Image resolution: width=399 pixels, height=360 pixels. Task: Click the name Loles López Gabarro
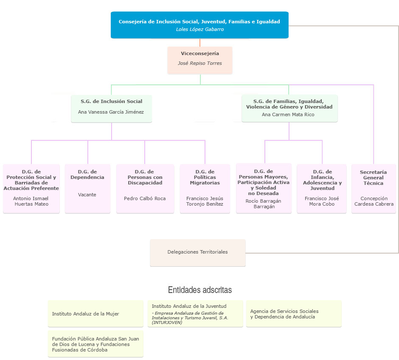pos(199,30)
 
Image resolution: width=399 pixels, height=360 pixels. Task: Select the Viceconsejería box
pos(199,60)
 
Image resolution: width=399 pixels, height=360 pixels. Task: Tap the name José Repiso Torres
pos(199,64)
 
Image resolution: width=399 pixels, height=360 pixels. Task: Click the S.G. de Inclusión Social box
pos(111,109)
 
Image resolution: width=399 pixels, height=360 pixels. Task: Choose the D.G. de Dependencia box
pos(87,188)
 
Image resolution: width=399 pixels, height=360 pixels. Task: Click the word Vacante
pos(87,195)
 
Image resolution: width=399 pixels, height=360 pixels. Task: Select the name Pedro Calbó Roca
pos(145,198)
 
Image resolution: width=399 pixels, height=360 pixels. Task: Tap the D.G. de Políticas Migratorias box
pos(205,188)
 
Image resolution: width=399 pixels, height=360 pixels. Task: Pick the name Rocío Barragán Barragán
pos(264,204)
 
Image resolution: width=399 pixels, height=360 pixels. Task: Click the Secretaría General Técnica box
pos(374,188)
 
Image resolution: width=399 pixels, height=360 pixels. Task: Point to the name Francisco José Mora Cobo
pos(322,201)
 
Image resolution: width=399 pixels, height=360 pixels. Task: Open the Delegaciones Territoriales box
pos(197,252)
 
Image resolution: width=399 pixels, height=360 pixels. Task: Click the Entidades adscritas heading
pos(200,290)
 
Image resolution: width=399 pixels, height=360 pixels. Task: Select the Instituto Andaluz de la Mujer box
pos(96,314)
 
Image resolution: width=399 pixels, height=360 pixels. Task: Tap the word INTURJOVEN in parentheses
pos(167,323)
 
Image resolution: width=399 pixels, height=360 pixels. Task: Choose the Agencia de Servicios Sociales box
pos(294,314)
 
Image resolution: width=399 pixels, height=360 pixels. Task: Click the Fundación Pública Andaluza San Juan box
pos(96,344)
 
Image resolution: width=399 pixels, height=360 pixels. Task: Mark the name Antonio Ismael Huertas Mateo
pos(31,201)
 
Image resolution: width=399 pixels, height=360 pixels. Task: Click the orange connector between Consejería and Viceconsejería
pos(200,42)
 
